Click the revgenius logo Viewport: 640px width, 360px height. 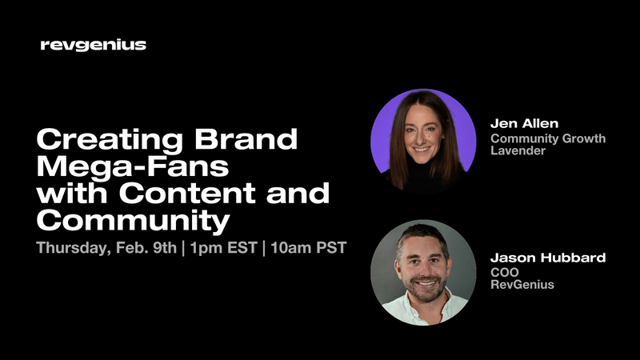tap(93, 45)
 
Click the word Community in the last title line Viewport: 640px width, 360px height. tap(133, 219)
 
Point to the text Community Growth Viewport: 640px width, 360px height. tap(548, 138)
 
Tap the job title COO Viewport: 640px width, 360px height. tap(504, 273)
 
